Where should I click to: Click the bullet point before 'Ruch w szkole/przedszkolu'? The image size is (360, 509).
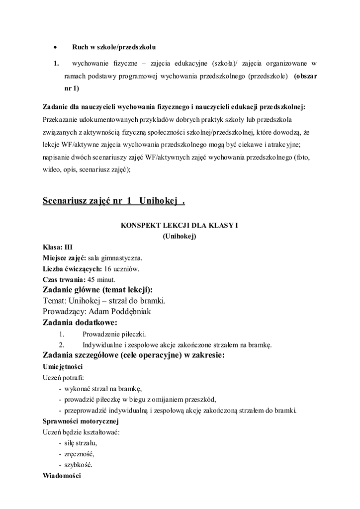(56, 48)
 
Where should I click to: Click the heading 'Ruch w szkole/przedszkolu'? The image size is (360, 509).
(114, 48)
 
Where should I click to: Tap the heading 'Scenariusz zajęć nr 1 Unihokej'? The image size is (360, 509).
(114, 201)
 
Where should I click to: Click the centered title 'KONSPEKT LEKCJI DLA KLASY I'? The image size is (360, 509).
(180, 225)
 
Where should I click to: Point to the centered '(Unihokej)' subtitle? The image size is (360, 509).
(180, 236)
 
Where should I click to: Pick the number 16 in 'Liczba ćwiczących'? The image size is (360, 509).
(108, 269)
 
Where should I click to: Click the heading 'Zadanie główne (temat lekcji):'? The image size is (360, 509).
(98, 290)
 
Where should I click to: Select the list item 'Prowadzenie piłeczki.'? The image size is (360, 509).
(114, 334)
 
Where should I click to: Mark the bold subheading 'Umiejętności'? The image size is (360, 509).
(63, 366)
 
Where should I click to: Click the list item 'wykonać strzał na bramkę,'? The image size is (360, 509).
(104, 388)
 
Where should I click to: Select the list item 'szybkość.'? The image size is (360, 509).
(79, 465)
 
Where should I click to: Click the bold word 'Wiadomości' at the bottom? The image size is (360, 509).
(62, 476)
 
